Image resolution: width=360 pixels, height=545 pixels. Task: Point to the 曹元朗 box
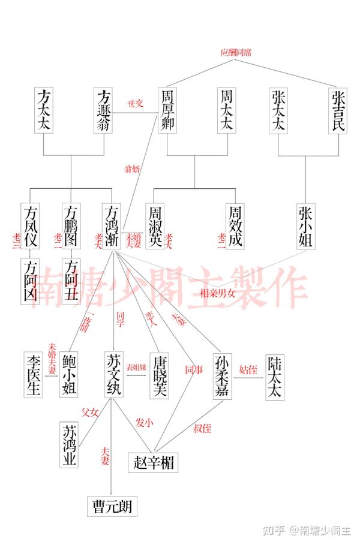(112, 507)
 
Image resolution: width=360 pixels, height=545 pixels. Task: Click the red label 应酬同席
(236, 53)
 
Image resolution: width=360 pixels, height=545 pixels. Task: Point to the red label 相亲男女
(218, 293)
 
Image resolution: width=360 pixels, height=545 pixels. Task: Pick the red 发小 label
(145, 423)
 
